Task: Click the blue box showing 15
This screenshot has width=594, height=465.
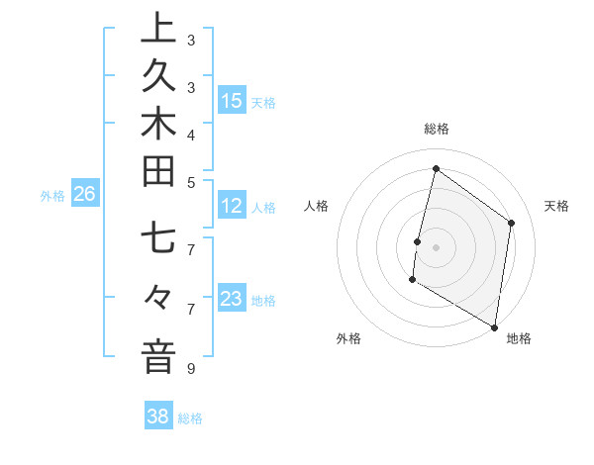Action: [232, 101]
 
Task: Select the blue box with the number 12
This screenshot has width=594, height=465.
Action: [232, 207]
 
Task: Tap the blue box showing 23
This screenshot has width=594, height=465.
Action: [232, 299]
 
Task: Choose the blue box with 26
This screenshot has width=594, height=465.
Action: [84, 195]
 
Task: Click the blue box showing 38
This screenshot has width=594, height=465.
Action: [158, 417]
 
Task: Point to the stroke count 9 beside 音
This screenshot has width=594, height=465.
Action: [189, 369]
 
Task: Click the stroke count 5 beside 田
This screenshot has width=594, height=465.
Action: [191, 181]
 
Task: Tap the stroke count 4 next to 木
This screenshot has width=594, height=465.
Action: [191, 134]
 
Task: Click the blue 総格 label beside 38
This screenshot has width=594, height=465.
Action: [190, 418]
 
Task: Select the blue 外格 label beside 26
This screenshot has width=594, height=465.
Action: [52, 196]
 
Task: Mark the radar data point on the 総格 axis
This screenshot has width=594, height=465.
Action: [436, 169]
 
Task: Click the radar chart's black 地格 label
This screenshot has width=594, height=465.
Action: [519, 338]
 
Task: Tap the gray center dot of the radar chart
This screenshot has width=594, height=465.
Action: [436, 247]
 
